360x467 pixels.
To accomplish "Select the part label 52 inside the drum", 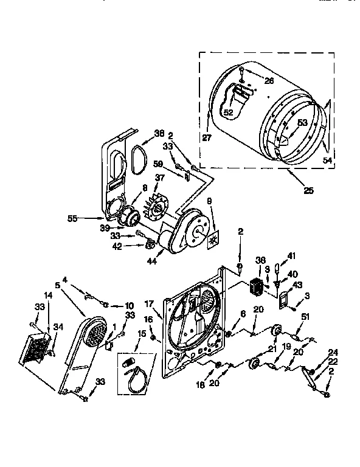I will pyautogui.click(x=228, y=112).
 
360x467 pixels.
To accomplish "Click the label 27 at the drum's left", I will pyautogui.click(x=207, y=138).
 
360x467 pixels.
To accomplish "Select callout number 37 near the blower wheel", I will pyautogui.click(x=160, y=178).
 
